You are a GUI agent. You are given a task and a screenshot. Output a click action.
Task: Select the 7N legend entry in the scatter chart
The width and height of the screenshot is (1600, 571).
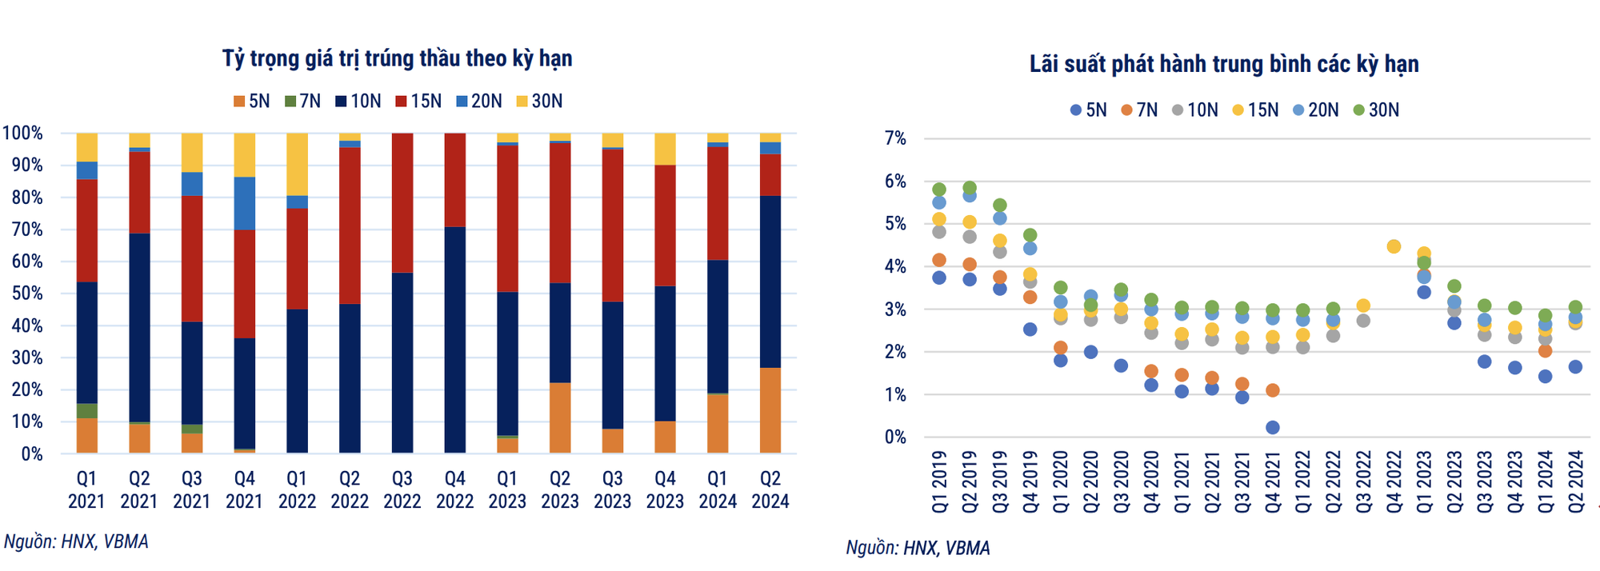point(1139,110)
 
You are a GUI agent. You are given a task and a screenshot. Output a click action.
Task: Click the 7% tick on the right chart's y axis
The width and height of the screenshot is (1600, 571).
point(895,138)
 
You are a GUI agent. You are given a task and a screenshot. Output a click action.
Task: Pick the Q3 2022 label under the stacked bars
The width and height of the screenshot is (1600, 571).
point(402,489)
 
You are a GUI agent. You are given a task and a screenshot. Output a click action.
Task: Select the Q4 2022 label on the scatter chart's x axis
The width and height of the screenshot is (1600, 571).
point(1394,481)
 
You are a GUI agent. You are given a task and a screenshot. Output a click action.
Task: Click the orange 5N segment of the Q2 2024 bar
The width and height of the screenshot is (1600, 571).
point(770,410)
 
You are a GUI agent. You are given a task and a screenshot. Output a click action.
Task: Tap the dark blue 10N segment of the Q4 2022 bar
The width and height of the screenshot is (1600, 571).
point(454,340)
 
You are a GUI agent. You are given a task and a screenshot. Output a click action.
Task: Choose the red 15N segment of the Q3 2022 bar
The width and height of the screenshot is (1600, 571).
point(402,203)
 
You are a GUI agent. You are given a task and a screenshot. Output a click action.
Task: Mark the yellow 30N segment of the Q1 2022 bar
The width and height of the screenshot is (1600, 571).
point(297,164)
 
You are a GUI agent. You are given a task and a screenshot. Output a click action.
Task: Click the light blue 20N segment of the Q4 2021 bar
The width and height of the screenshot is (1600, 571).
point(244,203)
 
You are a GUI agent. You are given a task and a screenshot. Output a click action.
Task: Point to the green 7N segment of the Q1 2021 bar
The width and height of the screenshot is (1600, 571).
point(86,411)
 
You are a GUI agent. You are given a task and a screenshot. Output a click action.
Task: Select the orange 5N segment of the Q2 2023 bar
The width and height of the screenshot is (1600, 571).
point(559,417)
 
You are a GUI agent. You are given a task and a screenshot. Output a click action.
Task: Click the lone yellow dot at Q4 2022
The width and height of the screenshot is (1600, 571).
point(1394,246)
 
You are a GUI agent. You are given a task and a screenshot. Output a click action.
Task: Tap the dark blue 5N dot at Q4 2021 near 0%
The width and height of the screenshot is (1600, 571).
point(1273,427)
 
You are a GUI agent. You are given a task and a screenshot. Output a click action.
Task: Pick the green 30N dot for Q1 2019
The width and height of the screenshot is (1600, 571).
point(939,190)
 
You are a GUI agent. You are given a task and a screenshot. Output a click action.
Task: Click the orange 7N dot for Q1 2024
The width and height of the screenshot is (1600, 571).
point(1545,351)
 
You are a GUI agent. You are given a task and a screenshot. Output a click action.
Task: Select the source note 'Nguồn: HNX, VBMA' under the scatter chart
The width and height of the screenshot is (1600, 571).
point(918,548)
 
